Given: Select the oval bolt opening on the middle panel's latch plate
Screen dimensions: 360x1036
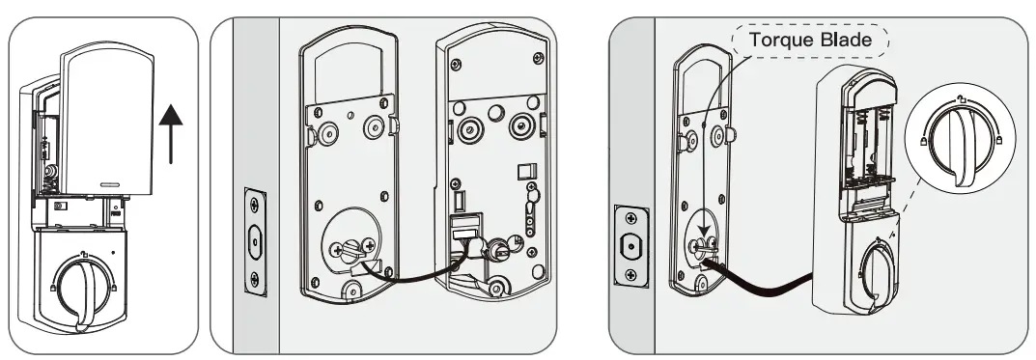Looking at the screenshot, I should pos(256,241).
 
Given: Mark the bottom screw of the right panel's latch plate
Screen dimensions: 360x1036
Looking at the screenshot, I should pos(630,275).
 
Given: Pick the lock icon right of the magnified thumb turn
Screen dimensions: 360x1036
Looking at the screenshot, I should pos(998,141).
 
